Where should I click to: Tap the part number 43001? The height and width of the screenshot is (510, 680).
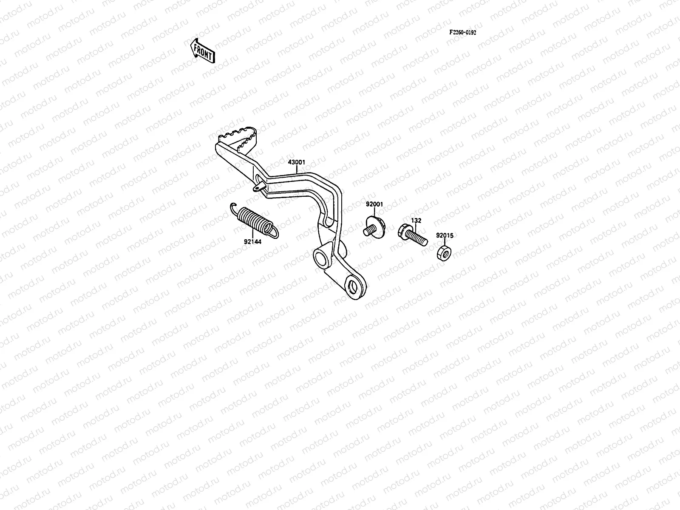coord(297,162)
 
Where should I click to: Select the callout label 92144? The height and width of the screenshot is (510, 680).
coord(252,241)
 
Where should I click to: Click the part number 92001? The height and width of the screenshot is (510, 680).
coord(374,204)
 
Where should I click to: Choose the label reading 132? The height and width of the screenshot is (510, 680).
coord(416,221)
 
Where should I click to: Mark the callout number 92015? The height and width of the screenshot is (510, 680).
coord(444,235)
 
